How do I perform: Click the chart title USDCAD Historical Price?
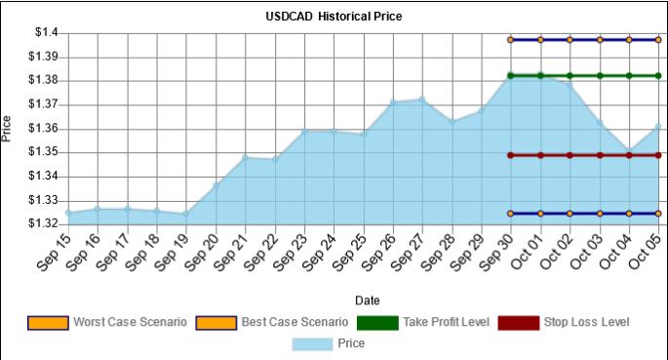coord(334,17)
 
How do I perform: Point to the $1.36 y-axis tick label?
coord(44,129)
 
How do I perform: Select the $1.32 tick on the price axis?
coord(44,223)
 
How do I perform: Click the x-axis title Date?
coord(367,300)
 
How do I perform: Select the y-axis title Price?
coord(8,128)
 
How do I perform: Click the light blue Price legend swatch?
coord(311,342)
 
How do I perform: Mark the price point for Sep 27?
coord(421,99)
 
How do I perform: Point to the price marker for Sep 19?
coord(185,214)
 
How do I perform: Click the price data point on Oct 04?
coord(629,151)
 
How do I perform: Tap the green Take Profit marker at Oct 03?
coord(600,75)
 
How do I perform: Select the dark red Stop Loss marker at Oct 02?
coord(570,155)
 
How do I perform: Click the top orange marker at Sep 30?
coord(510,40)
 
